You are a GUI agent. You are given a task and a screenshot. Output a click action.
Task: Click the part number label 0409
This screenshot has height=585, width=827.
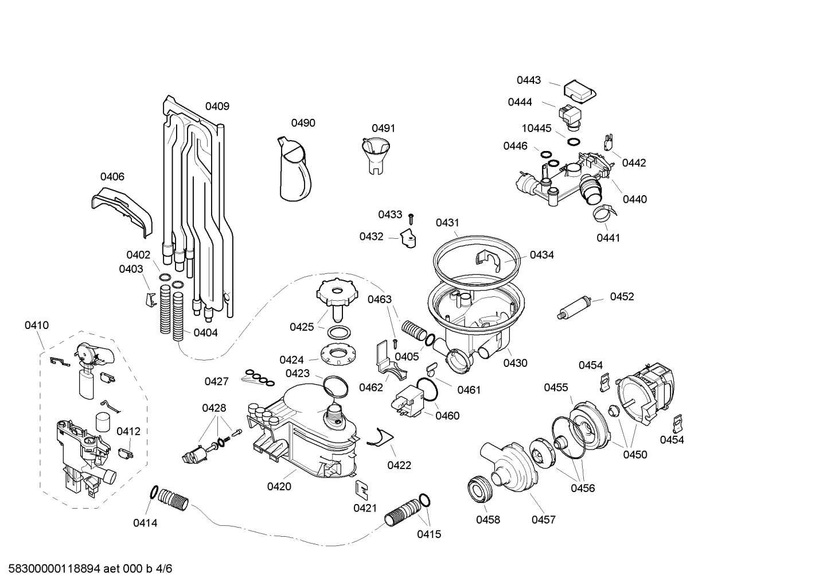(x=217, y=106)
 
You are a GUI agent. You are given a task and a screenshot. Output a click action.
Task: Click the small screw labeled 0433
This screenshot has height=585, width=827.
(x=411, y=219)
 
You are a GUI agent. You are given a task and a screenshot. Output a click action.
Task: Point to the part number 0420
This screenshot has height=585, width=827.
(x=279, y=486)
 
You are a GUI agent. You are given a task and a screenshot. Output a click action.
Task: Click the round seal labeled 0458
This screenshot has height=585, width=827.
(x=480, y=490)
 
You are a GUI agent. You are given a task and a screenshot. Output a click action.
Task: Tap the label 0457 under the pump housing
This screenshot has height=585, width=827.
(x=544, y=520)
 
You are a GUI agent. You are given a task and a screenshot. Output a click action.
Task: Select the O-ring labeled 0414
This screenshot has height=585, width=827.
(x=154, y=492)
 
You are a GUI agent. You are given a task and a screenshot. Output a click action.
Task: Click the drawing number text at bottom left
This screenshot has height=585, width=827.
(x=90, y=568)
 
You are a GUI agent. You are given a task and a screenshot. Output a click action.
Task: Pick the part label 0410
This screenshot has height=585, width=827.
(x=37, y=325)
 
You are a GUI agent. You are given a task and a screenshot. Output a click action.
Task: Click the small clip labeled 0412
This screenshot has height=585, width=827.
(x=126, y=453)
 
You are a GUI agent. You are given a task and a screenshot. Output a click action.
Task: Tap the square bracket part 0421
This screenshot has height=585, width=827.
(x=362, y=490)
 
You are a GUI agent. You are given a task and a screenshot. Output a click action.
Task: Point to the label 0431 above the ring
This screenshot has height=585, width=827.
(x=447, y=223)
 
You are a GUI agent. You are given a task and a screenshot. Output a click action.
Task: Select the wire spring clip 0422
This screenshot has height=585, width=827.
(x=380, y=437)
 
